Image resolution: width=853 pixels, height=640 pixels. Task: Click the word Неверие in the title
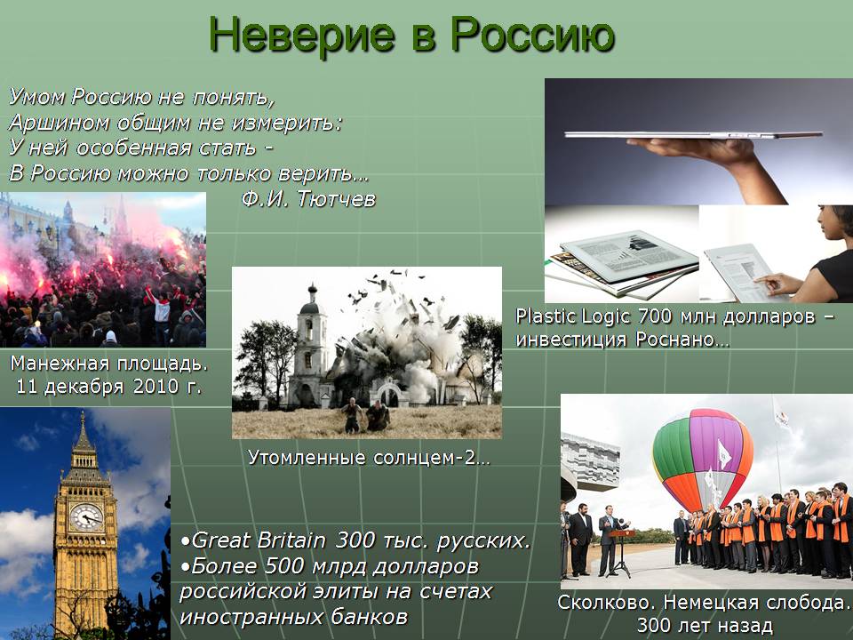tap(302, 35)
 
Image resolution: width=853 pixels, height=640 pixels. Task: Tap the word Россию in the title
tap(532, 35)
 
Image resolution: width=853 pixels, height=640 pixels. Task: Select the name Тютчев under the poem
tap(336, 199)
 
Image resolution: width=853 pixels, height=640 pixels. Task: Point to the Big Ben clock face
tap(86, 517)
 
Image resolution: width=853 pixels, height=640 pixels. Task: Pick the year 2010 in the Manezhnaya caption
tap(156, 387)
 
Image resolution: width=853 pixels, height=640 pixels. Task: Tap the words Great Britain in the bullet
tap(259, 540)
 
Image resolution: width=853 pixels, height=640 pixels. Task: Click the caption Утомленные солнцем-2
tap(369, 458)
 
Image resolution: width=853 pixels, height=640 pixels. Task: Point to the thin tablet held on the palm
tap(694, 134)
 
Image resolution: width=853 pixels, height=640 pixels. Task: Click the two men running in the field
tap(365, 415)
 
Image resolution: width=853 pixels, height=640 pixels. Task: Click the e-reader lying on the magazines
tap(629, 255)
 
